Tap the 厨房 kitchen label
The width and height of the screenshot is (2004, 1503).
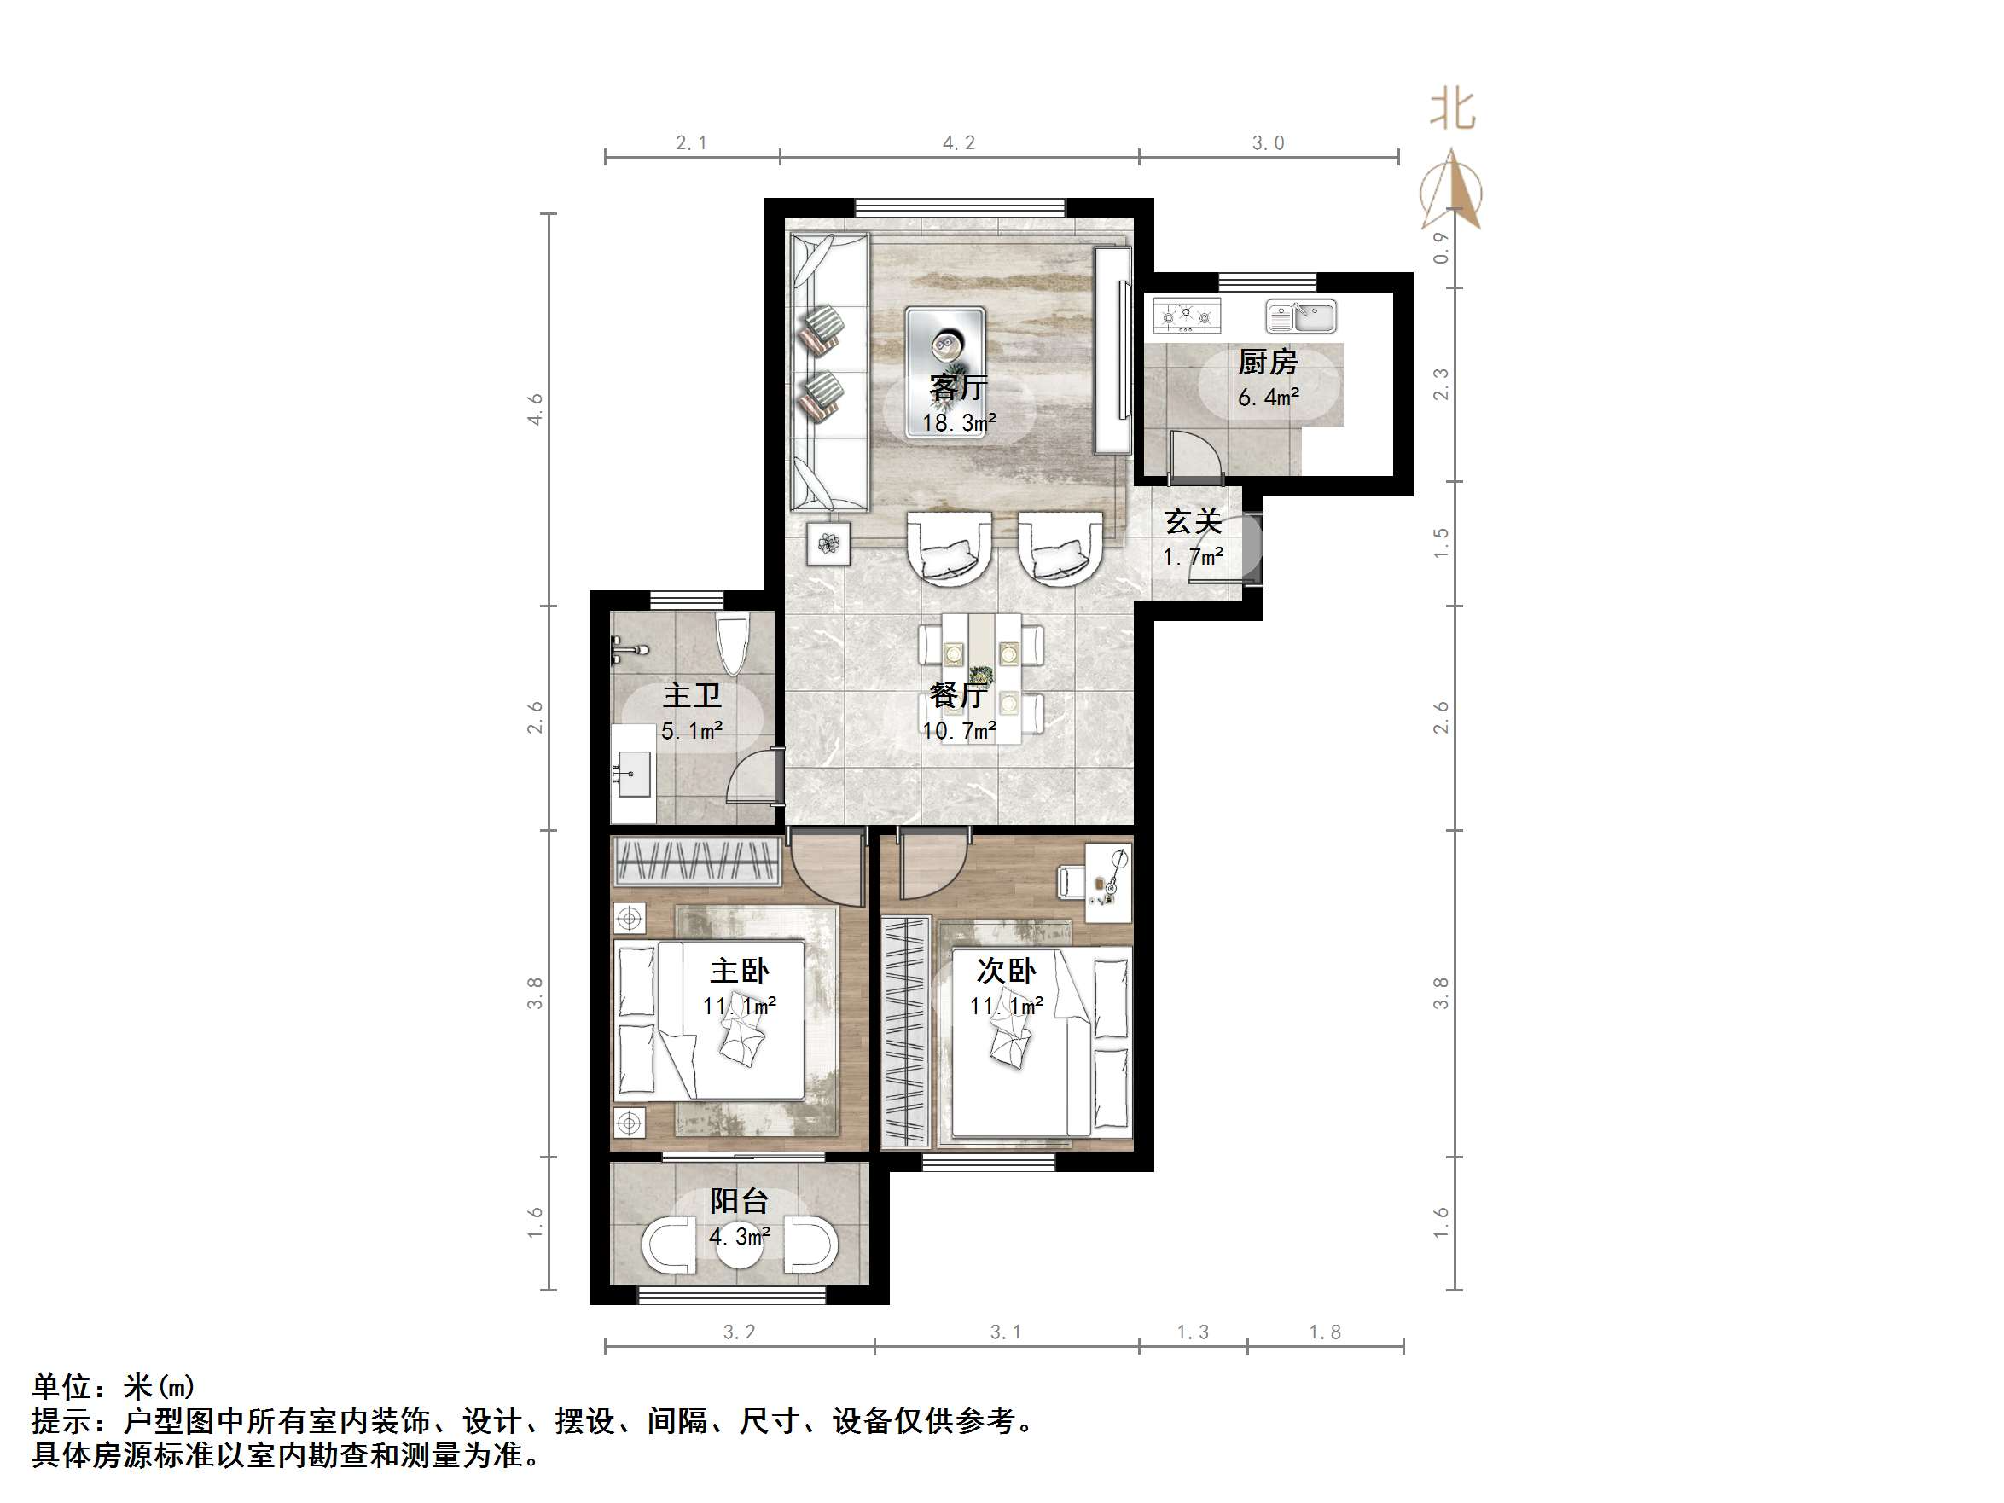point(1268,363)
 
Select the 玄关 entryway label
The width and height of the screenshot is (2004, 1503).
point(1194,522)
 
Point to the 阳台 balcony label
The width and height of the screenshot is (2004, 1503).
point(740,1201)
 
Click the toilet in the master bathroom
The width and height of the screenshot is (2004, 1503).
point(731,642)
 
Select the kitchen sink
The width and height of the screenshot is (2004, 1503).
point(1301,317)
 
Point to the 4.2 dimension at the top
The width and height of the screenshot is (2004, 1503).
point(959,143)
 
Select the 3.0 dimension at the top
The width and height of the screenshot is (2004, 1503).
point(1269,143)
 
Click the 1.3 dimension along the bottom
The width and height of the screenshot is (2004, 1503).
point(1193,1332)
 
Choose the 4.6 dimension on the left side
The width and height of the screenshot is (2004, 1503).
point(536,409)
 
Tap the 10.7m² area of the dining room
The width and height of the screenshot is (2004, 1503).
point(959,730)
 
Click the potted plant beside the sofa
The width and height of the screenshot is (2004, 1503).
point(829,543)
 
